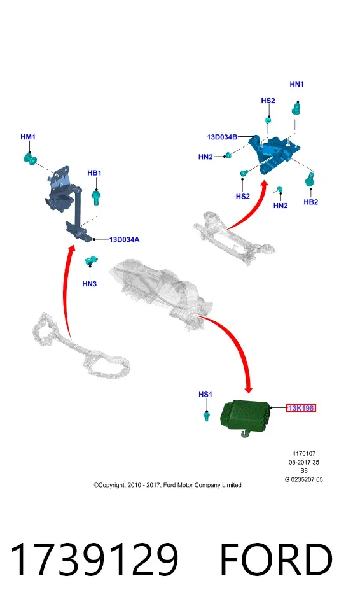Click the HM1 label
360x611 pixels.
tap(27, 137)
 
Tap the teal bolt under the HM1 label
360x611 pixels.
tap(29, 158)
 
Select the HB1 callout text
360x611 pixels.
tap(94, 173)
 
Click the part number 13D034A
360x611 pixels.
tap(124, 240)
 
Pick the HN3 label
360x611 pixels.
tap(89, 284)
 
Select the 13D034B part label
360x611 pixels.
tap(222, 137)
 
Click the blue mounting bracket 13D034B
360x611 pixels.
tap(275, 153)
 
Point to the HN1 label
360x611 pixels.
tap(297, 84)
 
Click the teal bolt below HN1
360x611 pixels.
tap(297, 108)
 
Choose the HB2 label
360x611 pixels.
tap(311, 202)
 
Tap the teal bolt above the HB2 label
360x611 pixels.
tap(310, 179)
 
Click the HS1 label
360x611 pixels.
tap(205, 395)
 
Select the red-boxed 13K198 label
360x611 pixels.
tap(301, 408)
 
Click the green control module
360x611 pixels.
tap(244, 416)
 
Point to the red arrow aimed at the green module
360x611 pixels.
tap(237, 339)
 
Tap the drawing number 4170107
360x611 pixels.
tap(304, 454)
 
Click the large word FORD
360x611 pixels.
tap(276, 559)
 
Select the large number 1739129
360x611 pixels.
tap(95, 559)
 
